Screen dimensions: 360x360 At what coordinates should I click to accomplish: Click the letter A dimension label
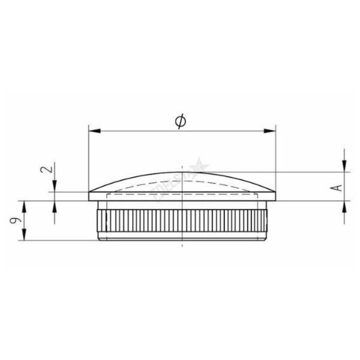click(338, 187)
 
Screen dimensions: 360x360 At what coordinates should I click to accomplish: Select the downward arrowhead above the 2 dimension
click(55, 188)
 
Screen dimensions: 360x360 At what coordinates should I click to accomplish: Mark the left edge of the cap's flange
click(89, 196)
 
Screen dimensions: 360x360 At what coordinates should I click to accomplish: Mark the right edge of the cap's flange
click(275, 196)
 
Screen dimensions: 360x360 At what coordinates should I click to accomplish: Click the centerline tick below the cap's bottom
click(181, 245)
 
